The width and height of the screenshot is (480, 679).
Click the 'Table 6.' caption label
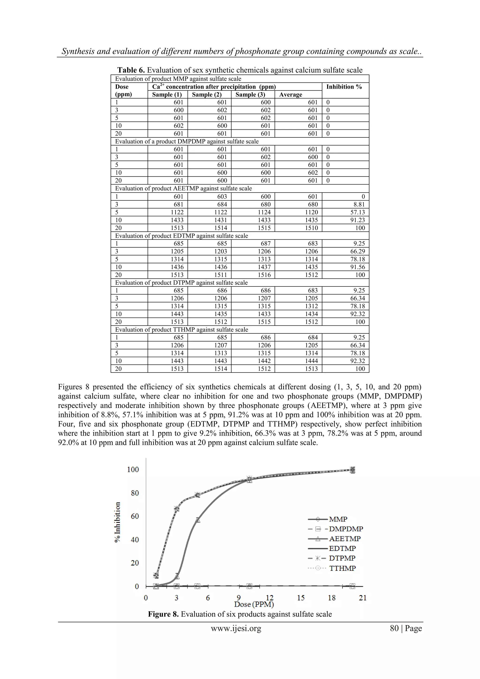[131, 70]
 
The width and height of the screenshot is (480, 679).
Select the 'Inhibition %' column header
[344, 87]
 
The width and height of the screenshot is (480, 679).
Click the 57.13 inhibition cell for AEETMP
[358, 212]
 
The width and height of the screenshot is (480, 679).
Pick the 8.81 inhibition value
[359, 204]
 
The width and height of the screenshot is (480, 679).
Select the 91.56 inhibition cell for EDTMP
[358, 267]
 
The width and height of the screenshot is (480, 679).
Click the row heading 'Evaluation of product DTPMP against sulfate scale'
[181, 283]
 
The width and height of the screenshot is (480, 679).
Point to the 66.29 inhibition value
[358, 251]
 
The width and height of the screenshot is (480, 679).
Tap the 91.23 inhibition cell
[358, 220]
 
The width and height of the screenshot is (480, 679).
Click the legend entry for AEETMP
[344, 539]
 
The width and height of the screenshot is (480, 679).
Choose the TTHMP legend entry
[342, 568]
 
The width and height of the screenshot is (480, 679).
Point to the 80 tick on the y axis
[135, 493]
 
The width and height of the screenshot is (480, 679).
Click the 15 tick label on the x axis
[301, 598]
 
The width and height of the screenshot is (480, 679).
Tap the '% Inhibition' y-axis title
[117, 522]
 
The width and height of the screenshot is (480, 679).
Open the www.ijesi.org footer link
[236, 628]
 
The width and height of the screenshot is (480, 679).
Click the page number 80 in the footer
[394, 628]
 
